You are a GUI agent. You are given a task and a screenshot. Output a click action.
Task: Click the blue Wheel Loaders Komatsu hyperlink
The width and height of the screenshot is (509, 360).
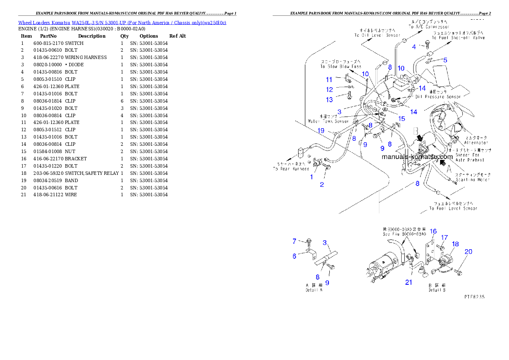tap(122, 22)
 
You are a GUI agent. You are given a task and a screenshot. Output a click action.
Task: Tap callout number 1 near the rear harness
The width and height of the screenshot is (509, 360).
tap(312, 177)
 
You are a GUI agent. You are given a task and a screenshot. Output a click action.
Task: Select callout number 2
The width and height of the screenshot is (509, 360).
tap(322, 185)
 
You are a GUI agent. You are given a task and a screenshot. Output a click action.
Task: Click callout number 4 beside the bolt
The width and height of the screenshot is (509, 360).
tap(414, 47)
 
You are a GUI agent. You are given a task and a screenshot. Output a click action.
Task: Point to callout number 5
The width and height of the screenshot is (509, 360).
tap(445, 60)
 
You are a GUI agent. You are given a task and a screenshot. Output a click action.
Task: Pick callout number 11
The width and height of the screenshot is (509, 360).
tap(329, 80)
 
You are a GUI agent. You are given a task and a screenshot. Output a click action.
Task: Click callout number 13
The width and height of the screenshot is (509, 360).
tap(329, 100)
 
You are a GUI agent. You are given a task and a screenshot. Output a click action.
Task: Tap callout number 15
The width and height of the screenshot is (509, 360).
tap(402, 118)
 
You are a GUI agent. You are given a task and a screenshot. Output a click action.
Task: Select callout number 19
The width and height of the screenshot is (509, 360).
tap(321, 130)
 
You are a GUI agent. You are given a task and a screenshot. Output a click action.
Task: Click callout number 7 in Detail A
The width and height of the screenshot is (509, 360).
tap(294, 242)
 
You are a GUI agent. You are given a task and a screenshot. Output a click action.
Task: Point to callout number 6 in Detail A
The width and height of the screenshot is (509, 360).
tap(294, 256)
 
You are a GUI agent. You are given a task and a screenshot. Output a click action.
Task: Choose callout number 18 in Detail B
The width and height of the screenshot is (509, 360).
tap(455, 244)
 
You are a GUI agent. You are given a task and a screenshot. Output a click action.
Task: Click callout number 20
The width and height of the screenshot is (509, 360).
tap(468, 251)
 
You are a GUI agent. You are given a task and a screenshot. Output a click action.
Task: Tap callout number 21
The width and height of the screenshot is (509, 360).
tap(409, 282)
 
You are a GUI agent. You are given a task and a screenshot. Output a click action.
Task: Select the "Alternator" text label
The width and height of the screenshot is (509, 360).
tap(476, 143)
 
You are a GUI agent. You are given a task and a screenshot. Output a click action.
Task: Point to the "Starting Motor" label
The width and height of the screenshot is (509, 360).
tap(472, 180)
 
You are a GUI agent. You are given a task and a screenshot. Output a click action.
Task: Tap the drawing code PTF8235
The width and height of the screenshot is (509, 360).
tap(474, 296)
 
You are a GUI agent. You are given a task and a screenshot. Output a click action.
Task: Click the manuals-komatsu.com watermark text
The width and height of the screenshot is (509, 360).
tap(417, 157)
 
